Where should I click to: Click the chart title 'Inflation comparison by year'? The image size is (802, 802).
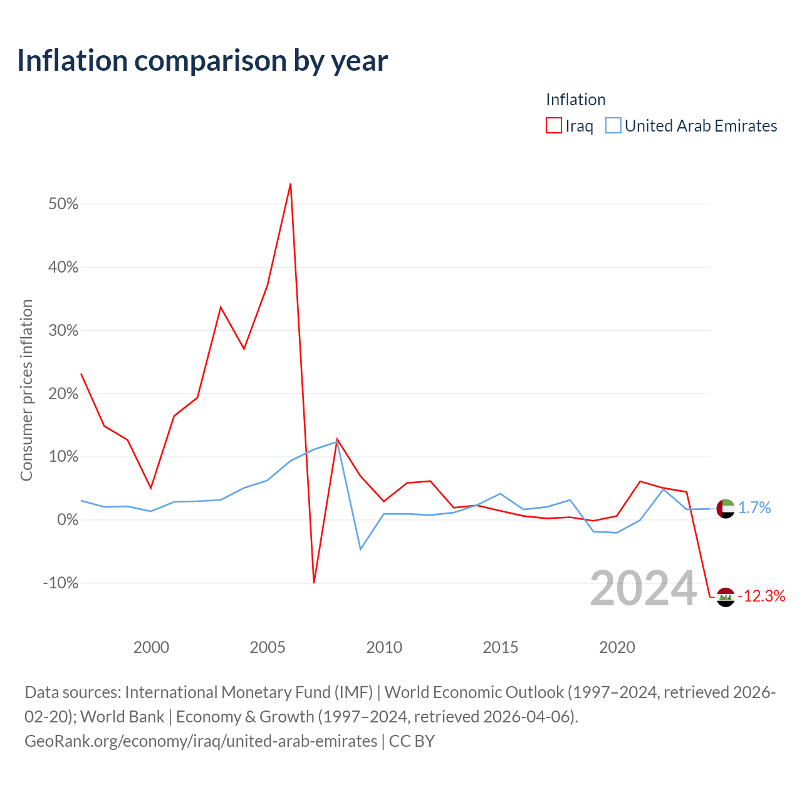point(202,61)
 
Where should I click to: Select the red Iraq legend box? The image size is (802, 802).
point(553,125)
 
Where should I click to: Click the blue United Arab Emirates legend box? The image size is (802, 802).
point(613,125)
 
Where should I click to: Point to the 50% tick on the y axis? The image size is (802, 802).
point(63,204)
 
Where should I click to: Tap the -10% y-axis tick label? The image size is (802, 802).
point(61,583)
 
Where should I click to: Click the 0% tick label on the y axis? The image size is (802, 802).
point(68,519)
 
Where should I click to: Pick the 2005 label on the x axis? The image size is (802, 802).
point(267,647)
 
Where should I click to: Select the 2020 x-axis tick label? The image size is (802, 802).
point(617,647)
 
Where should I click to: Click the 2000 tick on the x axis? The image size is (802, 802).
point(151,647)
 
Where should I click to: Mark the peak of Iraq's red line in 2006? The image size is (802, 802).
point(291,184)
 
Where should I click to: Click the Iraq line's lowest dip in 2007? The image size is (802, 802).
point(314,582)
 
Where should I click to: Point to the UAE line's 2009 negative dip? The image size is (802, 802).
point(360,549)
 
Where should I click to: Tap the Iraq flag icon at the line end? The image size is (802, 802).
point(726,597)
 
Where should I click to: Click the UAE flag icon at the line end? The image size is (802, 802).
point(726,509)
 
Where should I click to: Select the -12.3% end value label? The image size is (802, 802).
point(762,596)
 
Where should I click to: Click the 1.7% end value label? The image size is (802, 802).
point(754,508)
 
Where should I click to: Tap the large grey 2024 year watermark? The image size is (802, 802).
point(643,588)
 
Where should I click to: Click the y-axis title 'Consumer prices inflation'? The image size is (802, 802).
point(26,390)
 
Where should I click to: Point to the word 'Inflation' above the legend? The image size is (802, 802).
point(576,100)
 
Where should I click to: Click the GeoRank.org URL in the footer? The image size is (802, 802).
point(201,741)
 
